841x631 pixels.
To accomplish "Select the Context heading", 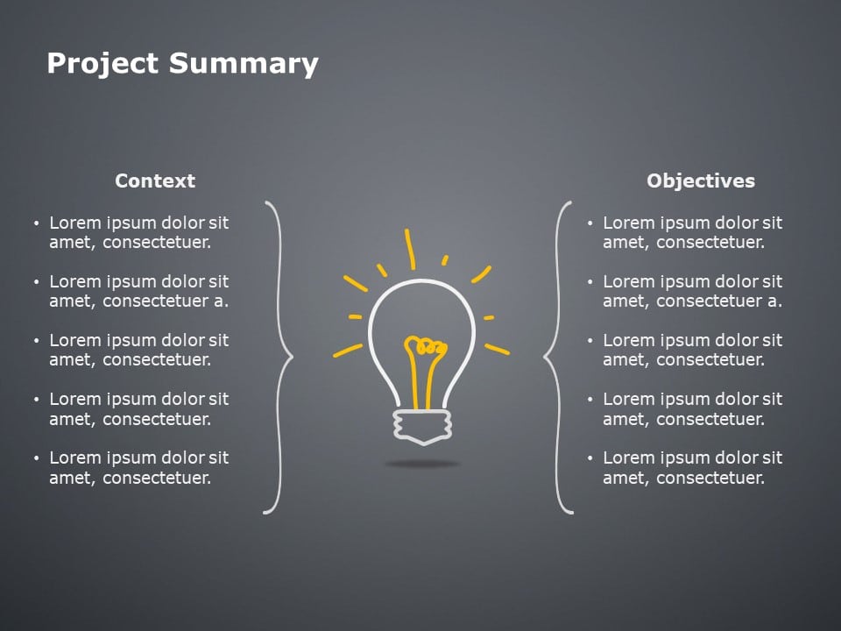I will [155, 181].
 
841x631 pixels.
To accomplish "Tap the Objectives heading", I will [700, 181].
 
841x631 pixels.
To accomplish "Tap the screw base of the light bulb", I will [422, 425].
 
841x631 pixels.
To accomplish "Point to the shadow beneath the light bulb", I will [422, 464].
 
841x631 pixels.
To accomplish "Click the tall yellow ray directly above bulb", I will [409, 249].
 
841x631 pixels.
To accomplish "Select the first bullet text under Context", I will [138, 233].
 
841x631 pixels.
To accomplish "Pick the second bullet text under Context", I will [138, 292].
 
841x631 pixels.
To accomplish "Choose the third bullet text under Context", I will [138, 350].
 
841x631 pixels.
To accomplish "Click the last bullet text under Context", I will [138, 467].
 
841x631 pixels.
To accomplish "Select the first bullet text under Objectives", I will [692, 233].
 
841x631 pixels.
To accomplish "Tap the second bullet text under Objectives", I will [692, 292].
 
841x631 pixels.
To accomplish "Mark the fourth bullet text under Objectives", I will [692, 408].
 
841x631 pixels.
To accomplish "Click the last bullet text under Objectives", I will [692, 467].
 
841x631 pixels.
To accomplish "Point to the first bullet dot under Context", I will [36, 224].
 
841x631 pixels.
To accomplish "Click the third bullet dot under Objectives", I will [590, 341].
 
